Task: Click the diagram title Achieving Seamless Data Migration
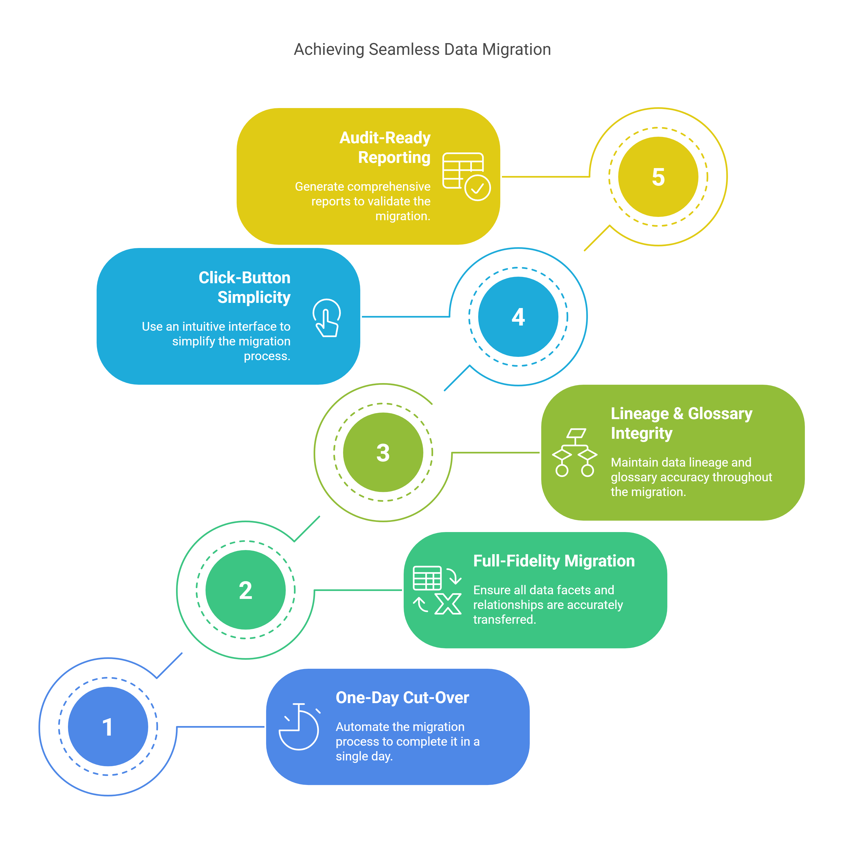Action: click(x=422, y=49)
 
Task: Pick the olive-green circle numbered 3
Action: click(x=383, y=452)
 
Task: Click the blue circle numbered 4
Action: click(x=518, y=316)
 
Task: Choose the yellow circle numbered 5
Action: click(x=658, y=177)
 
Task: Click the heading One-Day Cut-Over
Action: click(x=402, y=697)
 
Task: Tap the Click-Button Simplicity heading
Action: click(x=245, y=287)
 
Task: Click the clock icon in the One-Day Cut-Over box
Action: click(x=299, y=727)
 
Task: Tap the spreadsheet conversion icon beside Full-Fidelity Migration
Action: click(x=437, y=590)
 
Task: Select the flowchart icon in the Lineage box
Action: click(x=575, y=452)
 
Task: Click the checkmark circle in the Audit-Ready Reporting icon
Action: click(x=478, y=188)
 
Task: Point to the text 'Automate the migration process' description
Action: click(x=407, y=741)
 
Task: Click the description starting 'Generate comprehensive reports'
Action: click(x=362, y=201)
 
